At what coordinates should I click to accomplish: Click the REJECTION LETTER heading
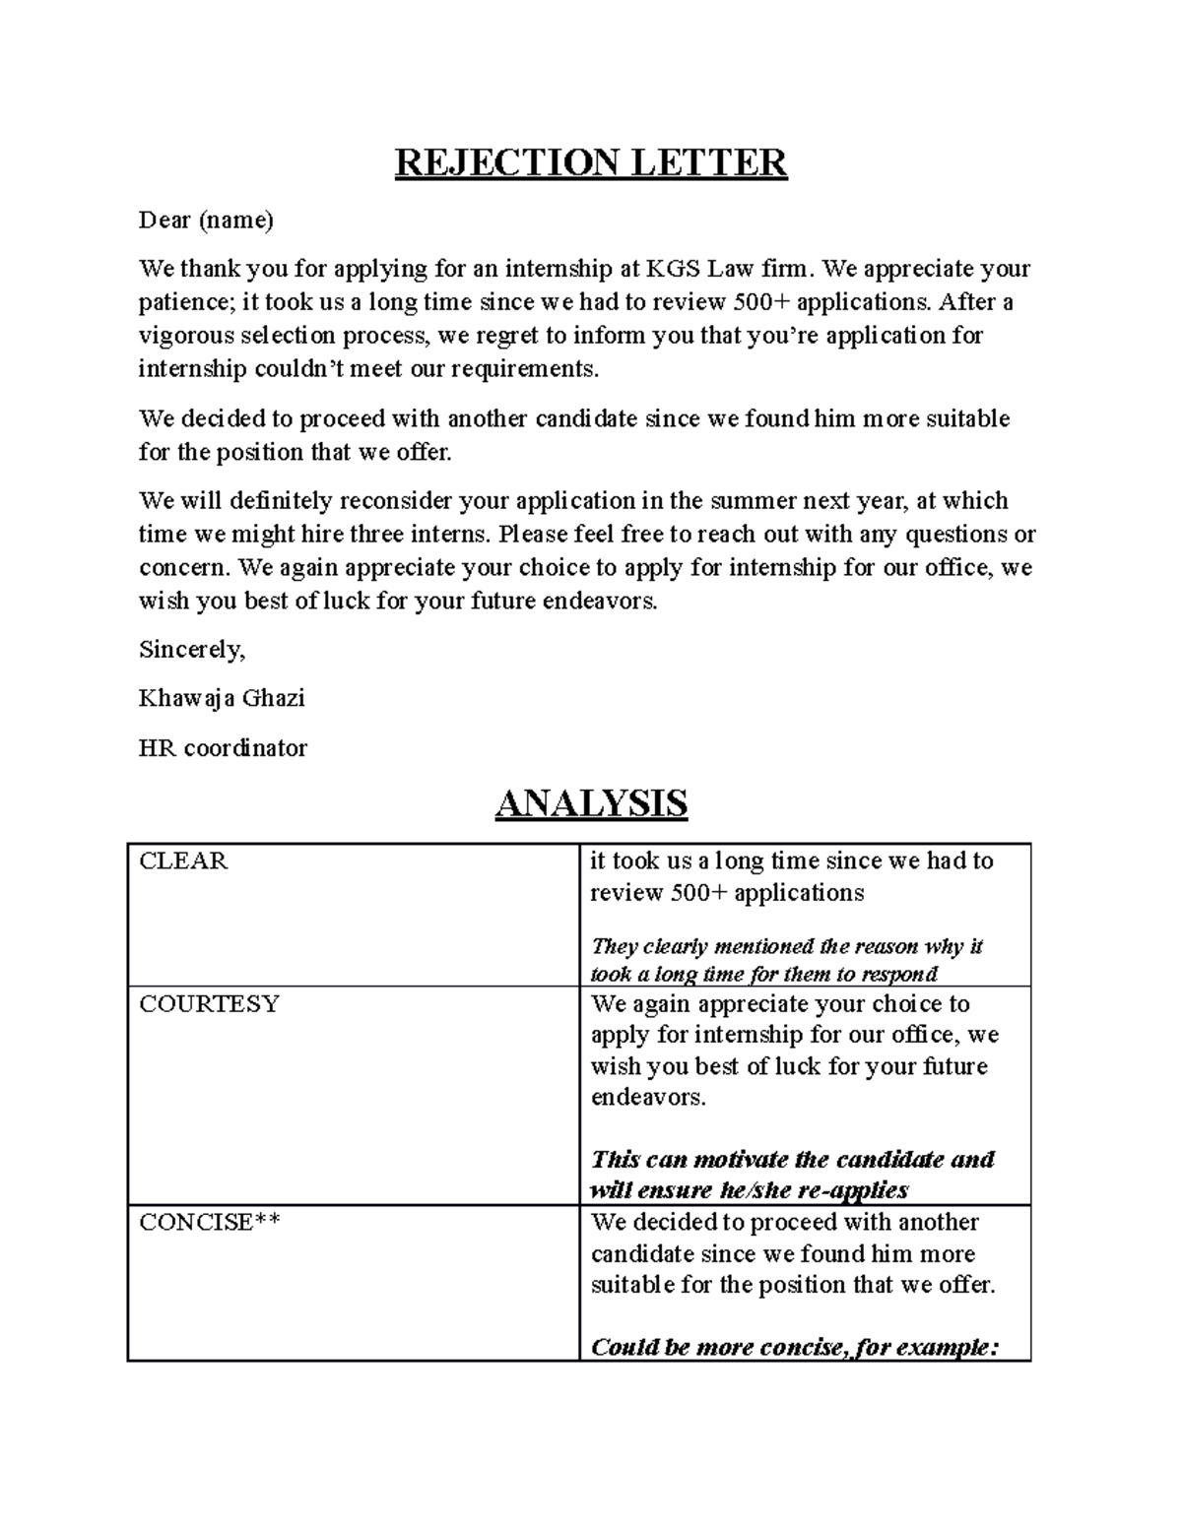tap(591, 162)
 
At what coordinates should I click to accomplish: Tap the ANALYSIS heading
tap(591, 803)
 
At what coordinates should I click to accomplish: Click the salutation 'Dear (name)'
tap(206, 220)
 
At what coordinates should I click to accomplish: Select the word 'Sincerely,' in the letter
tap(192, 650)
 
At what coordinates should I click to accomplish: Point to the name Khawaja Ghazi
tap(222, 699)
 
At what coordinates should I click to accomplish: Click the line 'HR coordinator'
tap(223, 748)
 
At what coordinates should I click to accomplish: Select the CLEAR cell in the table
tap(183, 861)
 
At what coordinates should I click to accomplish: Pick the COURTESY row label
tap(209, 1004)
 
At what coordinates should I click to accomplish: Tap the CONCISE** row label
tap(210, 1223)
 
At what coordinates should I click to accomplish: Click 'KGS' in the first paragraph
tap(669, 269)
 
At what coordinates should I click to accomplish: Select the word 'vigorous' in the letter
tap(184, 336)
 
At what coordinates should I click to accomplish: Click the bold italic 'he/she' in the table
tap(755, 1190)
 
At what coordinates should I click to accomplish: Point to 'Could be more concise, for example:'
tap(794, 1347)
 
